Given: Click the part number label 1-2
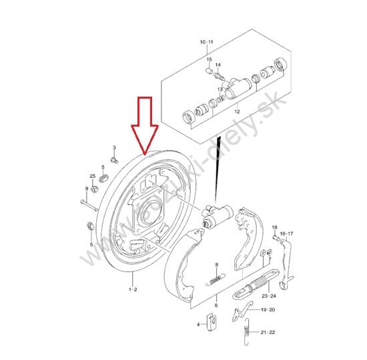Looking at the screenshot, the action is pos(133,289).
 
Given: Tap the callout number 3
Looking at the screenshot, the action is pos(114,147).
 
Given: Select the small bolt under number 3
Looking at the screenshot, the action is pos(114,161).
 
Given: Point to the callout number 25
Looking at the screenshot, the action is pos(93,176).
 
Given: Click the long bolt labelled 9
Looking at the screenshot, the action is pos(89,205).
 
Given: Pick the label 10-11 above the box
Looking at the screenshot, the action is pos(207,42).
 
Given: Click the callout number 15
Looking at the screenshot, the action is pos(209,59).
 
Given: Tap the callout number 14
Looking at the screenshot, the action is pos(218,65).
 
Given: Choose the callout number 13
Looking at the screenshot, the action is pos(220,89).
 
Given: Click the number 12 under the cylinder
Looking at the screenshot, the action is pos(237,111).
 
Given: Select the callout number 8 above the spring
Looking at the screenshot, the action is pos(216,265).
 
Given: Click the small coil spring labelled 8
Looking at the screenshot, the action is pos(216,279).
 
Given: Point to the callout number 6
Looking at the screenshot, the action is pos(216,305).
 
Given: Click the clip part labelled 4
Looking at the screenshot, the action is pos(212,322).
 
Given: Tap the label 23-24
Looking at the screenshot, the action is pos(269,296).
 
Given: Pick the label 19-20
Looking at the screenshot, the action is pos(268,310).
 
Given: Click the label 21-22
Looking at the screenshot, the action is pos(268,332).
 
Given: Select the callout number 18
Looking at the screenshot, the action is pos(274,227).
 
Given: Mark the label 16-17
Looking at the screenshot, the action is pos(286,233).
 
